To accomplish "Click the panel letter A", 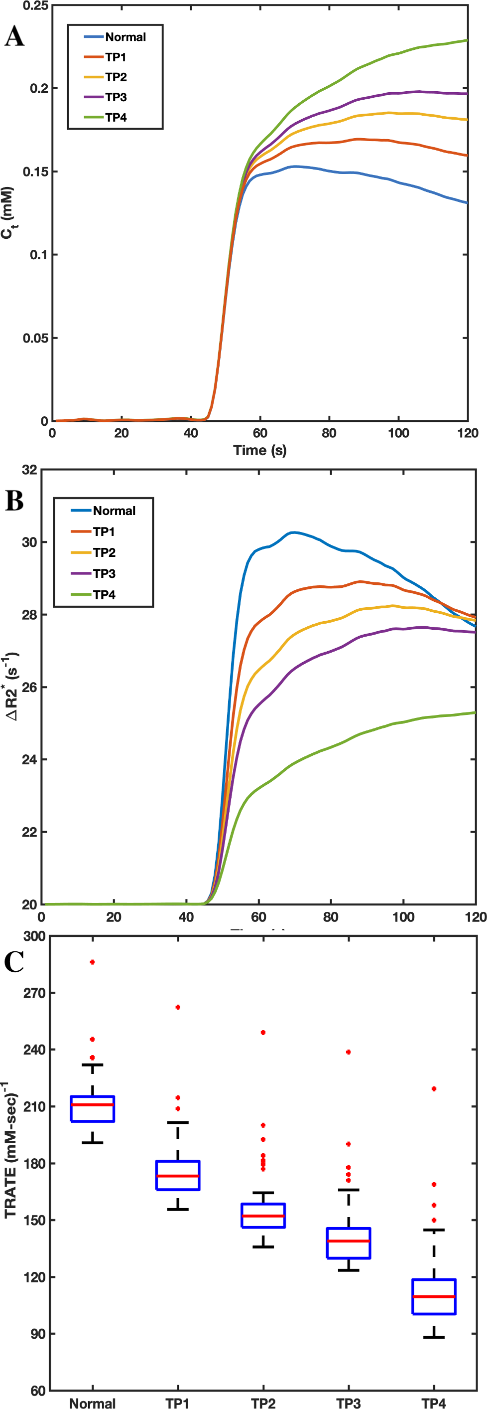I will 14,37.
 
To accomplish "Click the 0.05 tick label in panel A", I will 35,338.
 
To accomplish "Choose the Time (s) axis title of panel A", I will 259,450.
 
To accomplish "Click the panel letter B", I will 14,501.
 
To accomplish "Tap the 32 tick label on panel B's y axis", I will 29,470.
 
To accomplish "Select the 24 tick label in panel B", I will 29,760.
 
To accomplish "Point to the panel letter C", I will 14,962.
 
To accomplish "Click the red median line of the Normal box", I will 93,1105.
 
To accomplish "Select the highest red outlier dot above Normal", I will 93,962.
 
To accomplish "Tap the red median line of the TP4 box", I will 434,1297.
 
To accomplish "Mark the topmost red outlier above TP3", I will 348,1052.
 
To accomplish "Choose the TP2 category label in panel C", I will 263,1403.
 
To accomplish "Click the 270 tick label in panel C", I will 34,993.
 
